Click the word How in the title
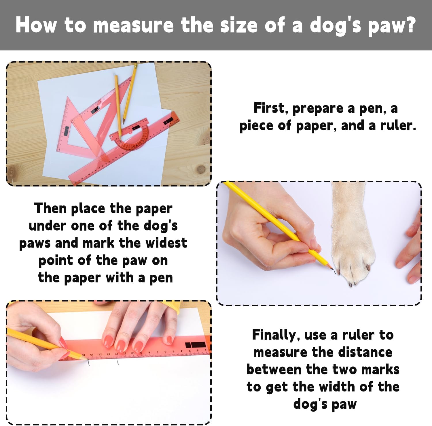[x=36, y=25]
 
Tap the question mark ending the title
[x=410, y=25]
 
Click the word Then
[x=50, y=208]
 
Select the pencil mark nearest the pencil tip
[x=89, y=364]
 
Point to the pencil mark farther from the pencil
[x=118, y=363]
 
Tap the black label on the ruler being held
[x=196, y=345]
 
